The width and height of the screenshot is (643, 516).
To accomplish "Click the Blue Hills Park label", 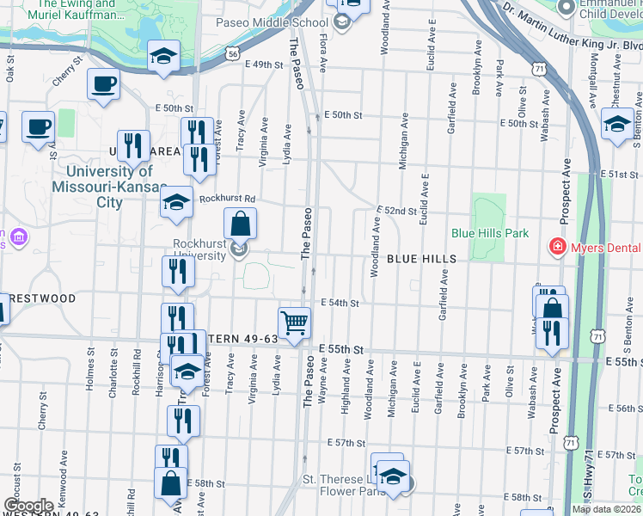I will (x=489, y=233).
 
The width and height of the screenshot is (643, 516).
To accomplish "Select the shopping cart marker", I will (x=294, y=323).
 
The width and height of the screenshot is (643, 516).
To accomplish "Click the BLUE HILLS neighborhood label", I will (x=420, y=259).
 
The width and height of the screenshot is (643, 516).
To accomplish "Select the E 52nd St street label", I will (x=396, y=210).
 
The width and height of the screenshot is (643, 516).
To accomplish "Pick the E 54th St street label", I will (x=340, y=303).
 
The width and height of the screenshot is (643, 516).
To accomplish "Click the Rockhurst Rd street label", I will (x=228, y=198).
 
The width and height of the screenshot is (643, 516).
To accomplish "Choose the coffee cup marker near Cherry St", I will (x=102, y=84).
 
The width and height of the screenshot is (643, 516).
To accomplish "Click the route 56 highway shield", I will (x=233, y=53).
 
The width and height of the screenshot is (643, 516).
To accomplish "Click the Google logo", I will (x=28, y=506).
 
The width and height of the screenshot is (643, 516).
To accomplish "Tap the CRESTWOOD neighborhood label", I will (x=38, y=298).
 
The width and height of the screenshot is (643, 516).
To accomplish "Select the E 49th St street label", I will (x=264, y=64).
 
